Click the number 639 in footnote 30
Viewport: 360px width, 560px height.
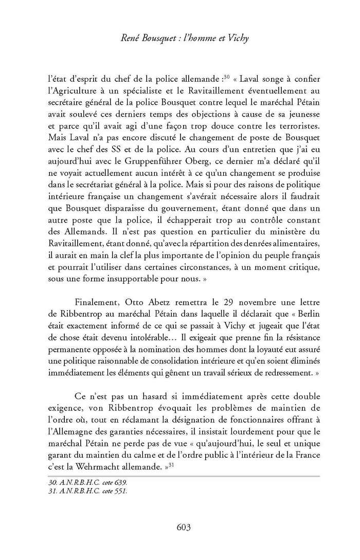point(120,483)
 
